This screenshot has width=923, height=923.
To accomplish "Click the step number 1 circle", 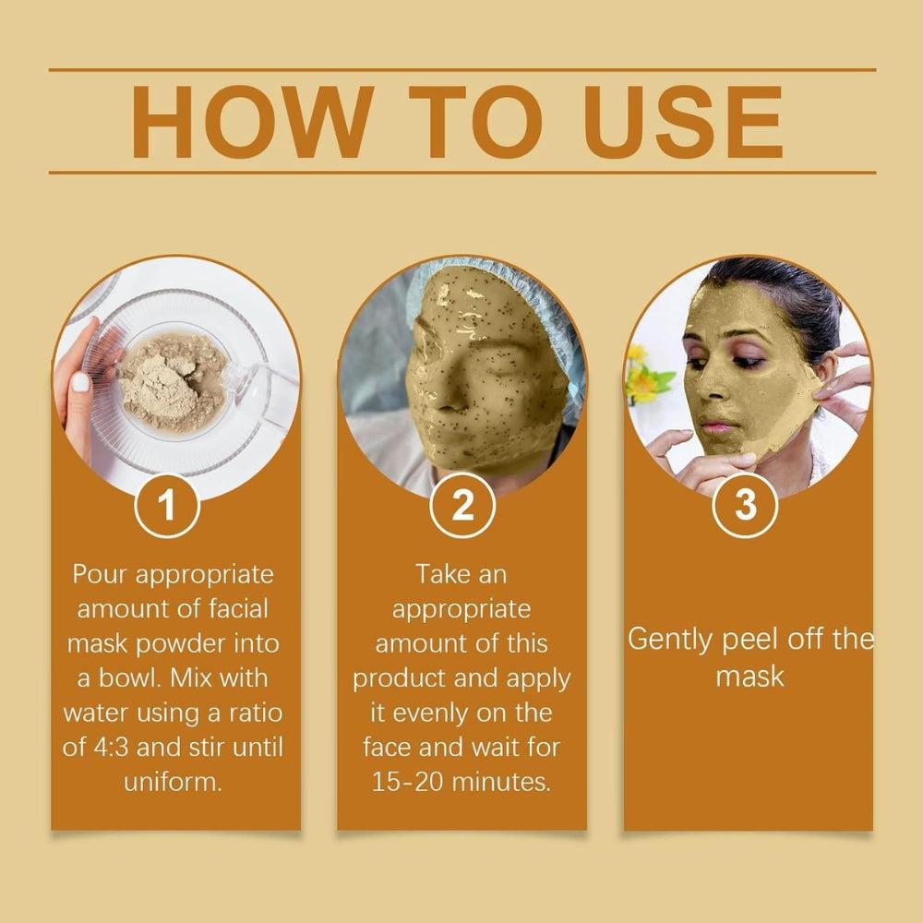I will coord(167,507).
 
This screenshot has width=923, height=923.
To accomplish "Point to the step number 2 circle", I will coord(462,507).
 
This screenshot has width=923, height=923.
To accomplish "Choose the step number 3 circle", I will coord(746,507).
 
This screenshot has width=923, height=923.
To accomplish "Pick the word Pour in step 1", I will coord(102,574).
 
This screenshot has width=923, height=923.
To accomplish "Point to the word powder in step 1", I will coord(186,643).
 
